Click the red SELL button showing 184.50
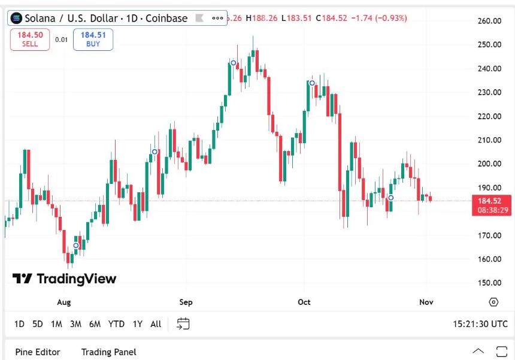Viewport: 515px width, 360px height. (29, 40)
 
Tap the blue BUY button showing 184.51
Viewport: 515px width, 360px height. (93, 40)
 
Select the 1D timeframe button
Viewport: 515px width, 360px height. (19, 324)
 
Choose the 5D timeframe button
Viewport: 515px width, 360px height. (38, 324)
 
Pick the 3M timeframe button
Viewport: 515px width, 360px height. (75, 324)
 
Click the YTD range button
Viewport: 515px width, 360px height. (116, 324)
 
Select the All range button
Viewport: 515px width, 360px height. (156, 324)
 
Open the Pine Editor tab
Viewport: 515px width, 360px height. (38, 352)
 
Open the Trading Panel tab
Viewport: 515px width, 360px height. (109, 352)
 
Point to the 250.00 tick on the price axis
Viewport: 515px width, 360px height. (489, 45)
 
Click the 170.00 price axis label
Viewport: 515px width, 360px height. (489, 235)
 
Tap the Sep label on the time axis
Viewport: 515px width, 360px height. (186, 302)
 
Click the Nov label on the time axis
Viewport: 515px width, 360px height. (426, 302)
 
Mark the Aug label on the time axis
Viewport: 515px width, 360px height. (63, 302)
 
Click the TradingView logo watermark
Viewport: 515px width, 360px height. (65, 279)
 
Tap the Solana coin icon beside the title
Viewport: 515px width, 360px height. (16, 19)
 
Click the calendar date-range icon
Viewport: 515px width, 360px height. (183, 324)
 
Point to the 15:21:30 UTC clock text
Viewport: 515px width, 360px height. (480, 324)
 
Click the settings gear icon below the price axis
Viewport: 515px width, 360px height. (493, 302)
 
